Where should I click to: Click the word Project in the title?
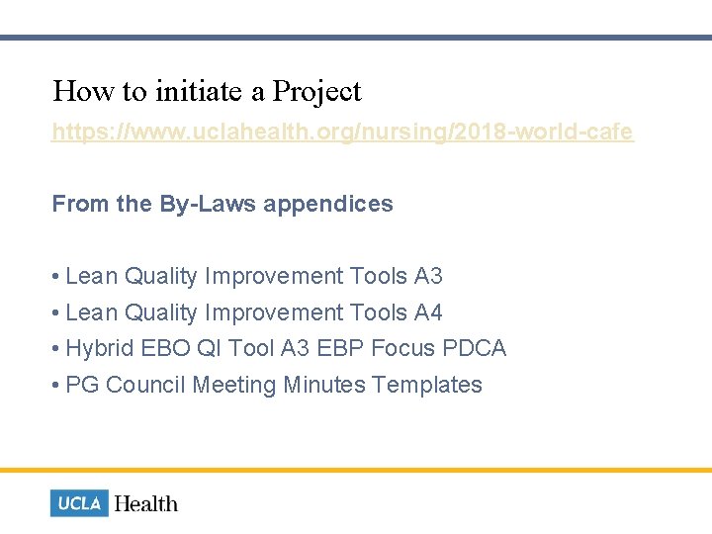coord(317,92)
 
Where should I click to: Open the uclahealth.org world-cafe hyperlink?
coord(342,132)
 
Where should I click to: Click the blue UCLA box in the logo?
coord(79,503)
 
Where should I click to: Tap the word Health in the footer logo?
coord(146,503)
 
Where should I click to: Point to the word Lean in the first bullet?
coord(91,277)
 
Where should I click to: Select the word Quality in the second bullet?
coord(161,313)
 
